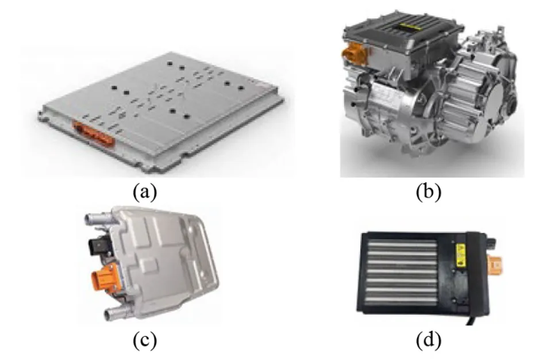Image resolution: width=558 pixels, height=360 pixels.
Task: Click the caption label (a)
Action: (x=144, y=192)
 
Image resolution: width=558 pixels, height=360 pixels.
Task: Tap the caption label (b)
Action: (x=429, y=192)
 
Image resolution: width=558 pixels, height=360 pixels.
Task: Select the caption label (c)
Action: (x=144, y=340)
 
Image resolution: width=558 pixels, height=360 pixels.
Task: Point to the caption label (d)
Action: (x=429, y=340)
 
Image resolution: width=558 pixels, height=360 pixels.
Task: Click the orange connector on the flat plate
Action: (x=94, y=134)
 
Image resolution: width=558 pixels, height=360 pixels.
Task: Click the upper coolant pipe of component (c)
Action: (x=99, y=219)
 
